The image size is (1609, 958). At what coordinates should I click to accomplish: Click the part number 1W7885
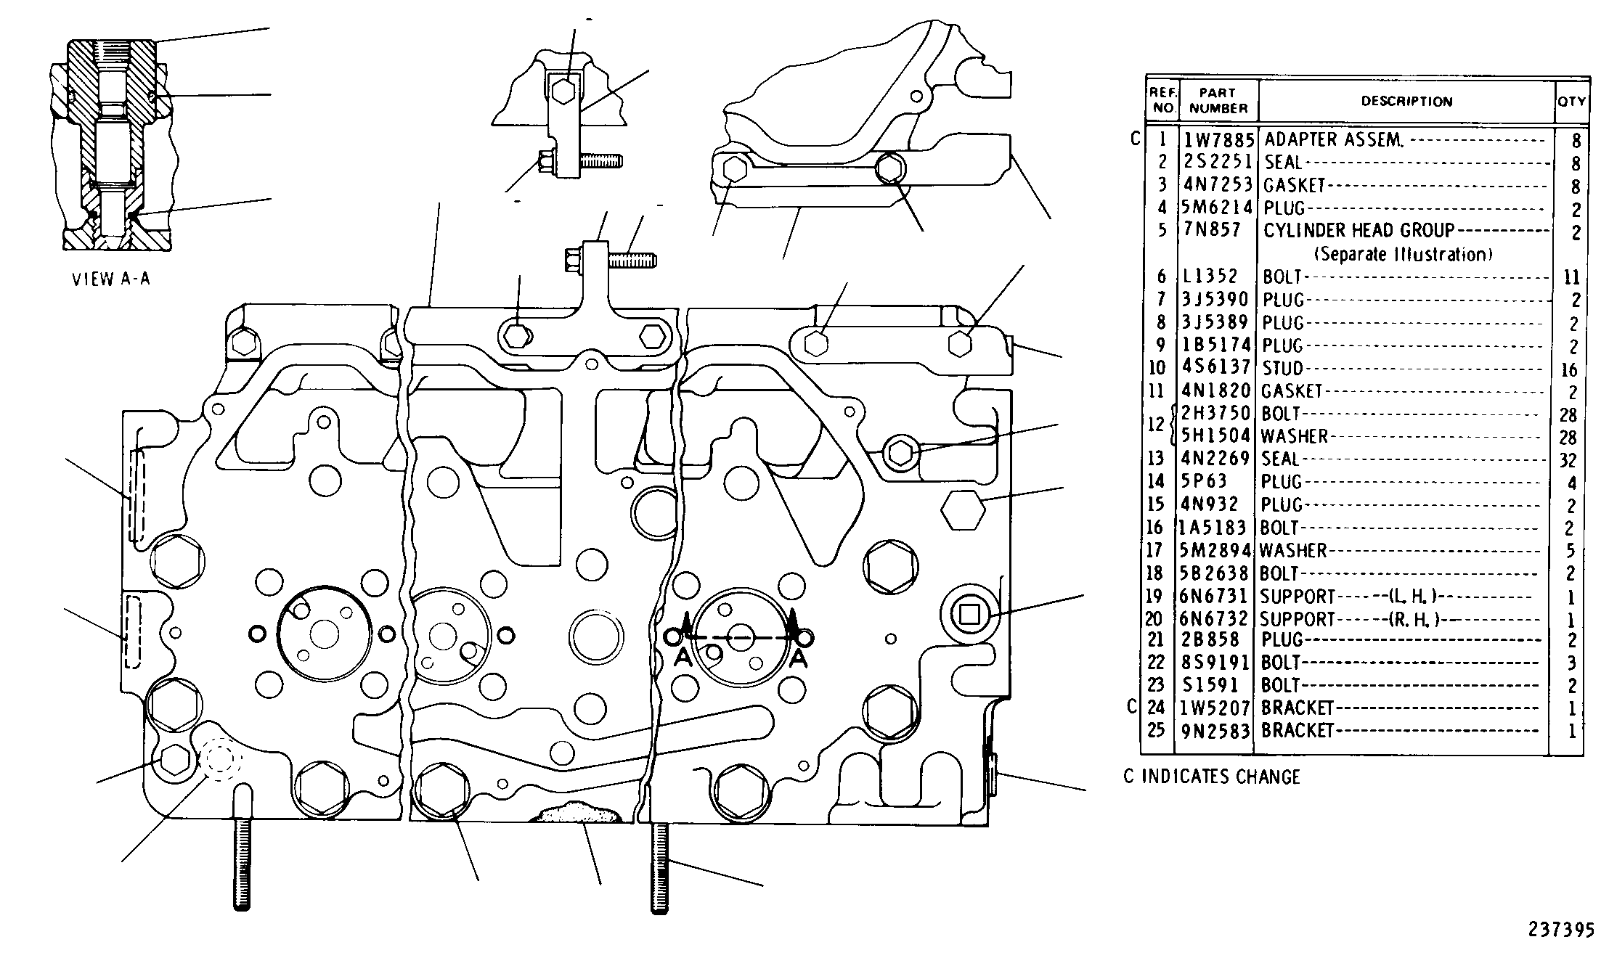pos(1219,139)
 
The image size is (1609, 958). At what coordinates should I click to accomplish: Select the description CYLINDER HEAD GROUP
pos(1359,230)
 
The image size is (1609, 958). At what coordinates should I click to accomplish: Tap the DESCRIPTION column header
pos(1406,102)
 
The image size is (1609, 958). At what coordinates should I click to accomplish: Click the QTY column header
pos(1571,102)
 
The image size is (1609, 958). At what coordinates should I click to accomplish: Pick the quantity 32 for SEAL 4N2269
pos(1568,460)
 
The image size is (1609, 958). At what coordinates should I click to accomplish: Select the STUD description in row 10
pos(1282,368)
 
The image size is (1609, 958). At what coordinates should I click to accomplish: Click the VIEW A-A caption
pos(111,279)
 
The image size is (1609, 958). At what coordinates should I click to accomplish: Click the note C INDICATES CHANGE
pos(1212,777)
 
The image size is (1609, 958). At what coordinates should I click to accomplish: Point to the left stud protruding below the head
pos(243,846)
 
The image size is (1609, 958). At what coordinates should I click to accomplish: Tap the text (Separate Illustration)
pos(1403,254)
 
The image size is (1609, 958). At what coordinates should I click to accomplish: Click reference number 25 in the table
pos(1156,729)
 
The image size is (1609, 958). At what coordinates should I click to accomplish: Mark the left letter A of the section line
pos(683,658)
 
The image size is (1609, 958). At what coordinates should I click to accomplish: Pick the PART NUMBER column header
pos(1218,100)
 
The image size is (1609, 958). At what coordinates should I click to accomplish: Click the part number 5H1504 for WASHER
pos(1216,435)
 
